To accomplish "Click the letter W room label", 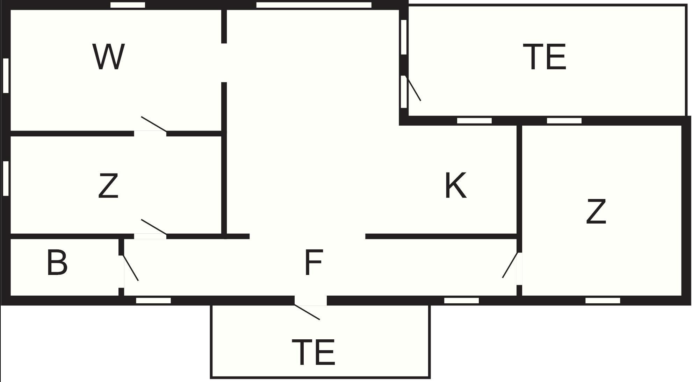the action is pos(108,57).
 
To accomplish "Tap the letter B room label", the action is pos(57,262).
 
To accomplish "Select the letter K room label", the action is pos(456,185).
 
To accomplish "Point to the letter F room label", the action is pos(313,262).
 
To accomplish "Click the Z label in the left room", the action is pos(108,186).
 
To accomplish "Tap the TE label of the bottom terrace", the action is pos(313,352).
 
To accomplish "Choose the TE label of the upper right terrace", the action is pos(545,57).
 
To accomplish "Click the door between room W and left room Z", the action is pos(154,125).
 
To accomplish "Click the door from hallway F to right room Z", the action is pos(510,265).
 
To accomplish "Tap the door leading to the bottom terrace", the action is pos(307,312).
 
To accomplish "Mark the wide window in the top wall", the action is pos(314,5).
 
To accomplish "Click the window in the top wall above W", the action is pos(128,5).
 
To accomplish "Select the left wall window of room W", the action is pos(6,76).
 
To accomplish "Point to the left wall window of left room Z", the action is pos(6,178).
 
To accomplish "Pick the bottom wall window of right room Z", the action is pos(603,300).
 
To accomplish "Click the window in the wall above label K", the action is pos(474,121).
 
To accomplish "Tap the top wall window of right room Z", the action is pos(564,121).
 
